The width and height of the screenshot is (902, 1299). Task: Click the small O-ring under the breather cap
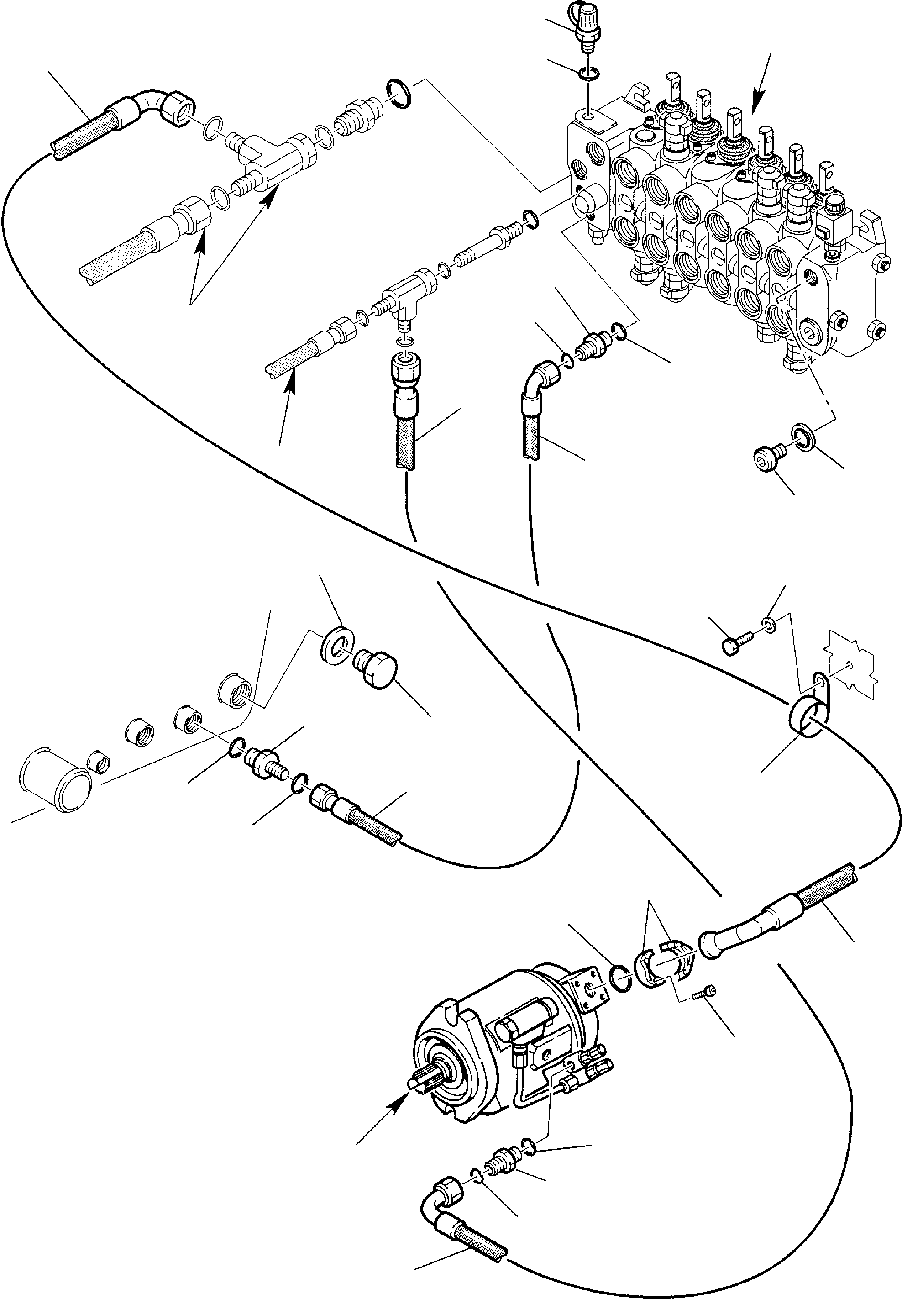pos(588,74)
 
